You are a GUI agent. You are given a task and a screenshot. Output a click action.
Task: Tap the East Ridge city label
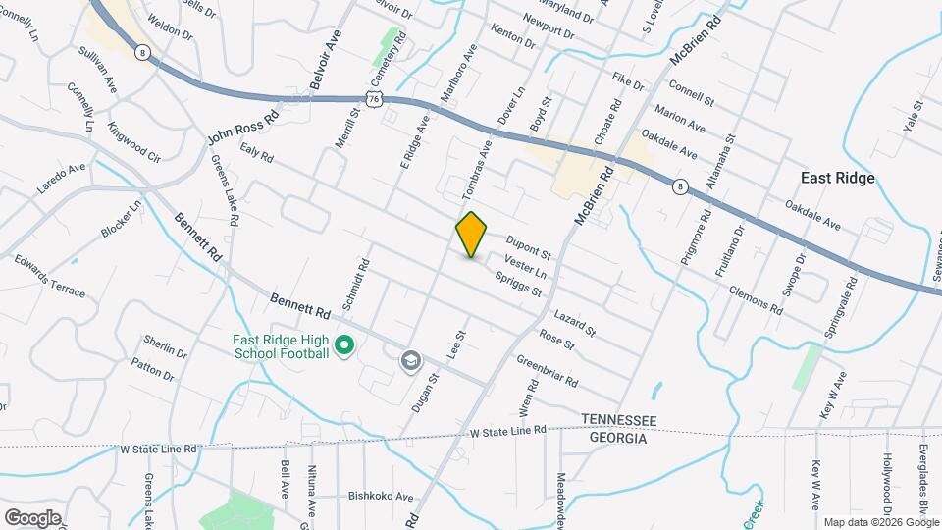click(x=837, y=178)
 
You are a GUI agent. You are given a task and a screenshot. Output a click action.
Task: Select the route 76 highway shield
click(x=372, y=98)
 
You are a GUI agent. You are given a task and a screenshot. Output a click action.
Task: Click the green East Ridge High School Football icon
click(x=343, y=345)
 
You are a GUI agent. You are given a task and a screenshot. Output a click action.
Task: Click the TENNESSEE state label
click(x=618, y=419)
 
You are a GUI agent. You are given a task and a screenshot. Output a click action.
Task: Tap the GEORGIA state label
click(x=618, y=438)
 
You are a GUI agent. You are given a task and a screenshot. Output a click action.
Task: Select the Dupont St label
click(x=529, y=246)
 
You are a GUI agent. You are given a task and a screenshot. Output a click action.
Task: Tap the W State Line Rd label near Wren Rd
click(x=507, y=431)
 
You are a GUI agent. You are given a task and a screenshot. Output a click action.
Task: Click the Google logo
click(x=32, y=517)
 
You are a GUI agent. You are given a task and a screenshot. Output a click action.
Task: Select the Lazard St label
click(x=575, y=324)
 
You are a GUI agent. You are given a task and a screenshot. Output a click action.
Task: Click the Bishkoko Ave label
click(x=382, y=497)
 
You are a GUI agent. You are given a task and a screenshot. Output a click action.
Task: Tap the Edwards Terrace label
click(x=49, y=278)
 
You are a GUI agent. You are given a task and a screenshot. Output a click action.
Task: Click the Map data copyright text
click(x=880, y=522)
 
